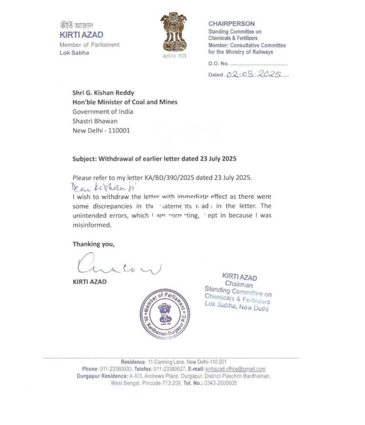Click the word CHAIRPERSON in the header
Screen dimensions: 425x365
(231, 24)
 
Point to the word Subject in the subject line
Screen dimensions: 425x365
(85, 159)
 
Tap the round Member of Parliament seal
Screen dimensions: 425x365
(164, 314)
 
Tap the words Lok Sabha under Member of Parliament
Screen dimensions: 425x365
(74, 53)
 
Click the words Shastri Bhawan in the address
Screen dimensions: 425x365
(95, 120)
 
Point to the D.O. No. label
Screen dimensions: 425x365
(218, 64)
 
